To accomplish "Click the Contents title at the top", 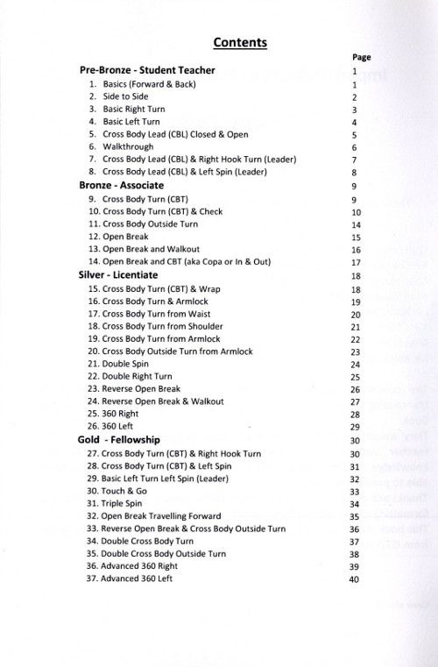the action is point(240,42).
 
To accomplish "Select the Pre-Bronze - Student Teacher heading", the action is point(147,71).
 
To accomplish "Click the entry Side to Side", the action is point(125,96).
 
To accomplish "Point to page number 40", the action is point(355,580).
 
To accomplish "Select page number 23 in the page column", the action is point(356,351).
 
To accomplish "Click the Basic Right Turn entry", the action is point(134,110).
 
